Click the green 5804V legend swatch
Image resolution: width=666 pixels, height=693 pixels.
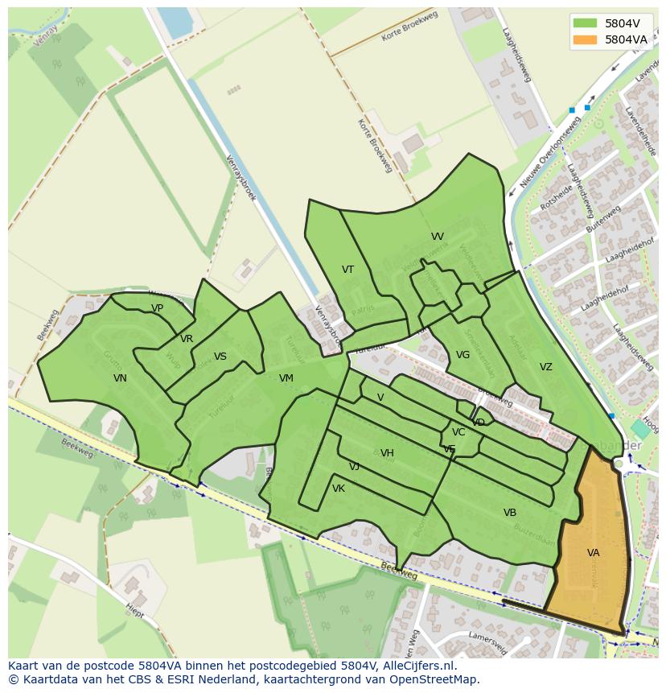point(585,23)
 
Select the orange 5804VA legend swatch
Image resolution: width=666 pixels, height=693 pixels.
point(585,39)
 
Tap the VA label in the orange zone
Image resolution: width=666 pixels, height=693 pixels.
point(593,553)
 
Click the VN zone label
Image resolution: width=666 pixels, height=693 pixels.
point(120,378)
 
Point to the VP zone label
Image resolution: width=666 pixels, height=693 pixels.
point(157,308)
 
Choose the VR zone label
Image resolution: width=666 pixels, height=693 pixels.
point(187,339)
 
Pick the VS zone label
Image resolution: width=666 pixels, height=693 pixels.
point(220,357)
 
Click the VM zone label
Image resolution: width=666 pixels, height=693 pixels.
point(286,378)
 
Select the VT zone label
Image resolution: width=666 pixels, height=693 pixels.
point(347,270)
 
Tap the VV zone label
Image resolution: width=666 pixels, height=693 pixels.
point(437,237)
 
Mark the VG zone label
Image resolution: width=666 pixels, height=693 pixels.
point(462,355)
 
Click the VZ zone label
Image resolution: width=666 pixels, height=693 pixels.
point(545,367)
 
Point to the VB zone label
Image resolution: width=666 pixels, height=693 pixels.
point(509,513)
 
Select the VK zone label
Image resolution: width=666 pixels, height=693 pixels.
point(338,489)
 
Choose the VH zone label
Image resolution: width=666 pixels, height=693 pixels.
point(387,453)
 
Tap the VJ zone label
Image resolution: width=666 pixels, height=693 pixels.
point(354,467)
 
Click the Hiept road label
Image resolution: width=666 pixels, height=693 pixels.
point(134,612)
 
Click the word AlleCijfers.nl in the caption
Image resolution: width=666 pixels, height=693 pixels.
point(419,666)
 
